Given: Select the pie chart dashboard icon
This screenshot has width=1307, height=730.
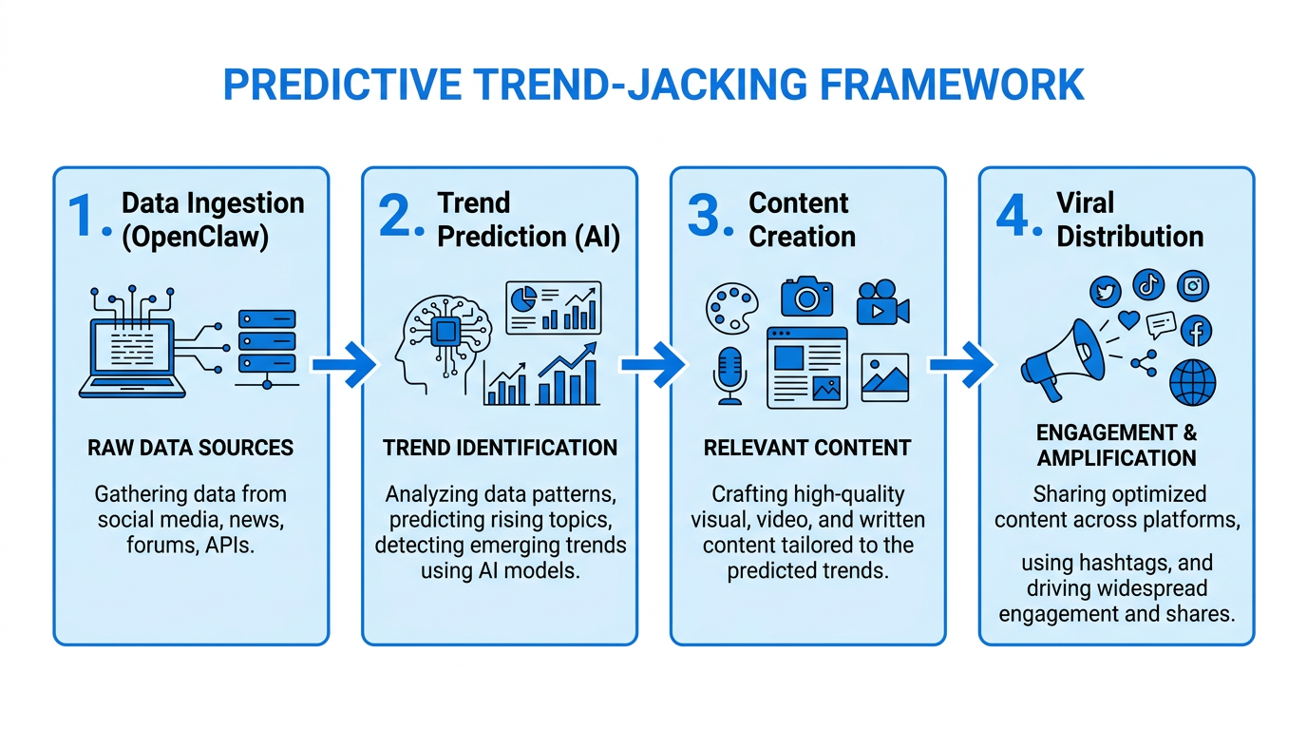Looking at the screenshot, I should point(553,307).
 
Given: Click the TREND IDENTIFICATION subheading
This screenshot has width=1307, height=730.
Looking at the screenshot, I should point(500,448).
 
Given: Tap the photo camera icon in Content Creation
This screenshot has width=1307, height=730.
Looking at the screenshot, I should point(806,297).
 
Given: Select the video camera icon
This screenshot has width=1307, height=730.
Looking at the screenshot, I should point(881,303).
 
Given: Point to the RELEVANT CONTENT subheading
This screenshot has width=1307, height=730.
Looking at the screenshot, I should point(806,448).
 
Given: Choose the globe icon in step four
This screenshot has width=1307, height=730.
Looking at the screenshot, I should point(1192,382).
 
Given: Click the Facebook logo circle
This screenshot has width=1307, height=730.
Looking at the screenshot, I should point(1196,331).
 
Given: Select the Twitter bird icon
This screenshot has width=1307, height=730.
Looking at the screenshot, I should point(1105,290).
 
